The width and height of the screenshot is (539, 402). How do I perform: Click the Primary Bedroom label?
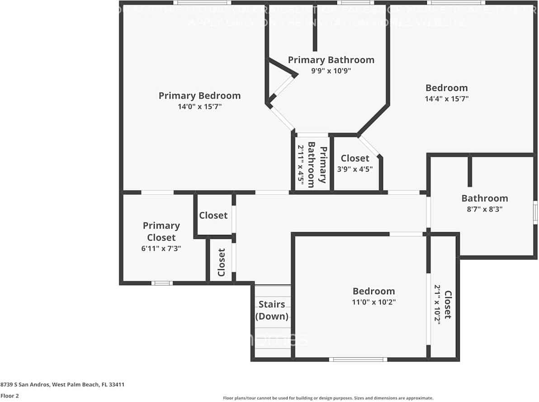pos(199,96)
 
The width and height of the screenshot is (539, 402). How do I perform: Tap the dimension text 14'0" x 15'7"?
pos(199,107)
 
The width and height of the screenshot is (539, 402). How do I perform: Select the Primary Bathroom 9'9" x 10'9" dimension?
pos(331,70)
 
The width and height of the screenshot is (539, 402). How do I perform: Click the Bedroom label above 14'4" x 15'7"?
pos(446,88)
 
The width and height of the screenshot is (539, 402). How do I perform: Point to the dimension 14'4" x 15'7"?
pos(446,98)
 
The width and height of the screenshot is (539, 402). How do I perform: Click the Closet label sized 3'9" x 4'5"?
pos(355,158)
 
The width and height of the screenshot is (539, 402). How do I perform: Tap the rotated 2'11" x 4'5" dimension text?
pos(300,163)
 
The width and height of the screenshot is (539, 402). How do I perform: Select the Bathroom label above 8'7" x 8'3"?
pos(484,198)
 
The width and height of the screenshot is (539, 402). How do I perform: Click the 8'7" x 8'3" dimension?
pos(484,209)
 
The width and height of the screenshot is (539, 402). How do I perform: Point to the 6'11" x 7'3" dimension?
pos(161,248)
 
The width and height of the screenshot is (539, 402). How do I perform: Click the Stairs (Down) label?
pos(272,310)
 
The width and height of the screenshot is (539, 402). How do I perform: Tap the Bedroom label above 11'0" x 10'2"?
pos(374,291)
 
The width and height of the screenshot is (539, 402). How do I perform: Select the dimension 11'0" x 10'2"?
pos(374,302)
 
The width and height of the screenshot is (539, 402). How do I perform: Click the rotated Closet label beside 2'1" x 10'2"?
pos(448,304)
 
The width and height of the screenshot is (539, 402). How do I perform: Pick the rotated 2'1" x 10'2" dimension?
pos(437,303)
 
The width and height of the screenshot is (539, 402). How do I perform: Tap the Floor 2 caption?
pos(9,396)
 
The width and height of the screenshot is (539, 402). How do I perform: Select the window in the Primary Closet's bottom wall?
pos(162,283)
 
